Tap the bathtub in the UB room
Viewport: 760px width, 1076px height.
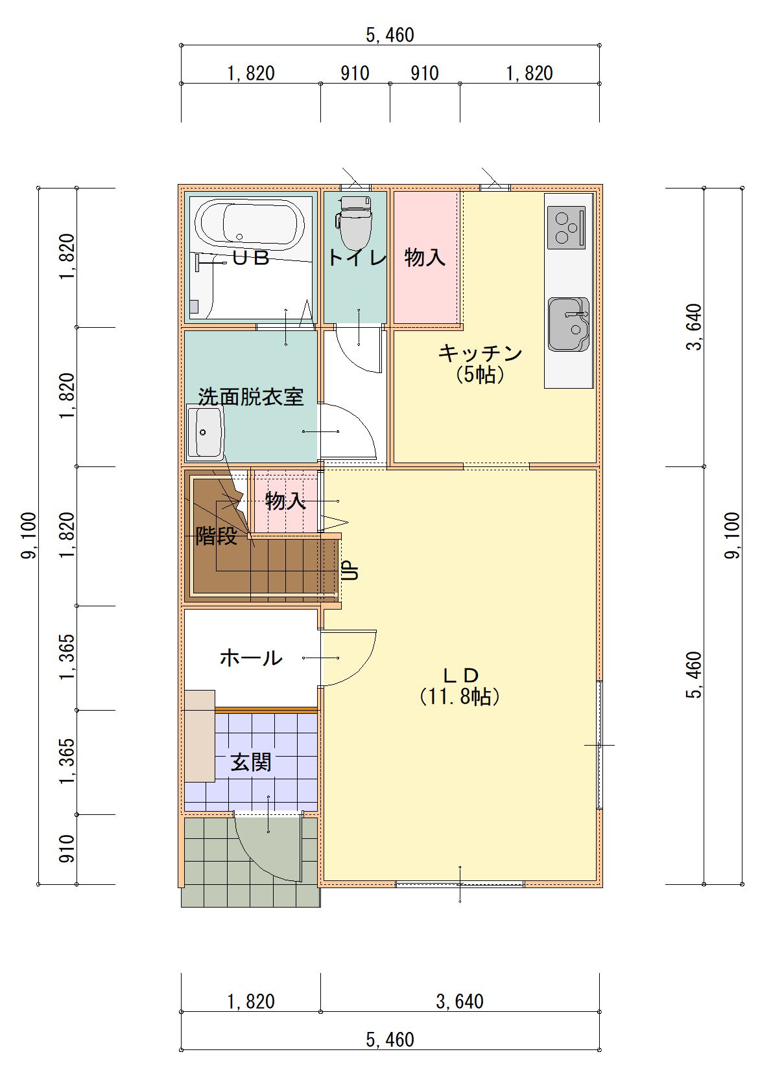pos(249,225)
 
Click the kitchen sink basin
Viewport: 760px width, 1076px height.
pos(569,325)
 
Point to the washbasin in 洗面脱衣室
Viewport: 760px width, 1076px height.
pos(206,432)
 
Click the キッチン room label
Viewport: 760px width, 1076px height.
pos(481,354)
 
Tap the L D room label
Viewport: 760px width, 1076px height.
pos(460,676)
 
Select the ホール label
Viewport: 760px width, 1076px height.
pos(251,658)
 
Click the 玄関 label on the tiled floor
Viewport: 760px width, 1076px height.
pos(251,762)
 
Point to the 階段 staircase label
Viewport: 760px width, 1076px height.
pos(217,536)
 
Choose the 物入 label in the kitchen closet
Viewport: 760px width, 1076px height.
pos(425,257)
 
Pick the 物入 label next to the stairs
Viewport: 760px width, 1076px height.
pos(285,501)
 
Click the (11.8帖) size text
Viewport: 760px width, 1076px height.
pos(460,696)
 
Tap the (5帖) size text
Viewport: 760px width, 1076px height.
pos(481,374)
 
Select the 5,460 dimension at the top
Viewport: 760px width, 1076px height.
pos(390,35)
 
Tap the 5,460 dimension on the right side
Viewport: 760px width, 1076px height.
pos(694,675)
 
